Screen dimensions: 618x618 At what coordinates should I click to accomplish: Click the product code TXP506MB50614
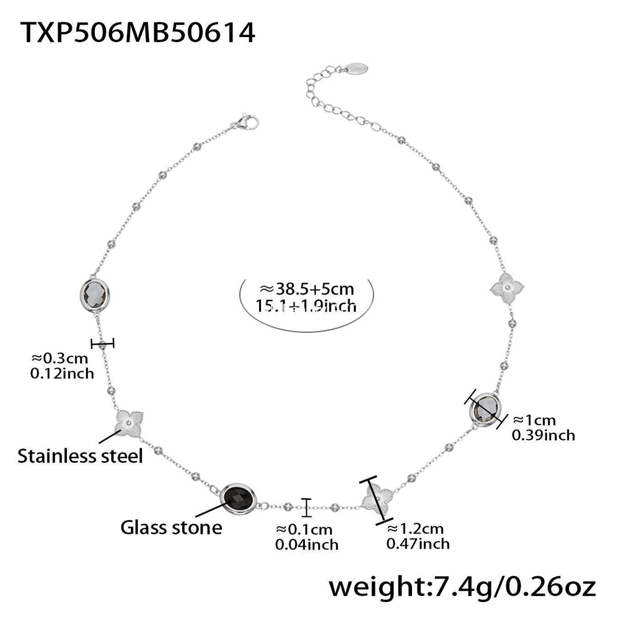(x=139, y=33)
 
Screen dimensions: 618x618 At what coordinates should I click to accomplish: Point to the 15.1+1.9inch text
(x=306, y=306)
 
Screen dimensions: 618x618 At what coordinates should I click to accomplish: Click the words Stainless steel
(x=80, y=456)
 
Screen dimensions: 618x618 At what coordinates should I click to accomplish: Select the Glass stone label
(x=171, y=527)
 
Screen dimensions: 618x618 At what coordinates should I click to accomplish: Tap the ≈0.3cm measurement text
(x=60, y=358)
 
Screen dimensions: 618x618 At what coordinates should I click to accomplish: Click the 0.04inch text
(x=307, y=544)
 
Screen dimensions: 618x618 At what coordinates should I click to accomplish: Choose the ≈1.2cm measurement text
(x=415, y=528)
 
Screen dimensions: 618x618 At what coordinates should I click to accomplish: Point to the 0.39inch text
(x=543, y=435)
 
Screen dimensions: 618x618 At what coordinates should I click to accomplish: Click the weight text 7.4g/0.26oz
(x=462, y=587)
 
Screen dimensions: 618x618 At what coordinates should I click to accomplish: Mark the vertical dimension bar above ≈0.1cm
(x=307, y=507)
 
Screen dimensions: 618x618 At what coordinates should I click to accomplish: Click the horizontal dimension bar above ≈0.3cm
(x=102, y=343)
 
